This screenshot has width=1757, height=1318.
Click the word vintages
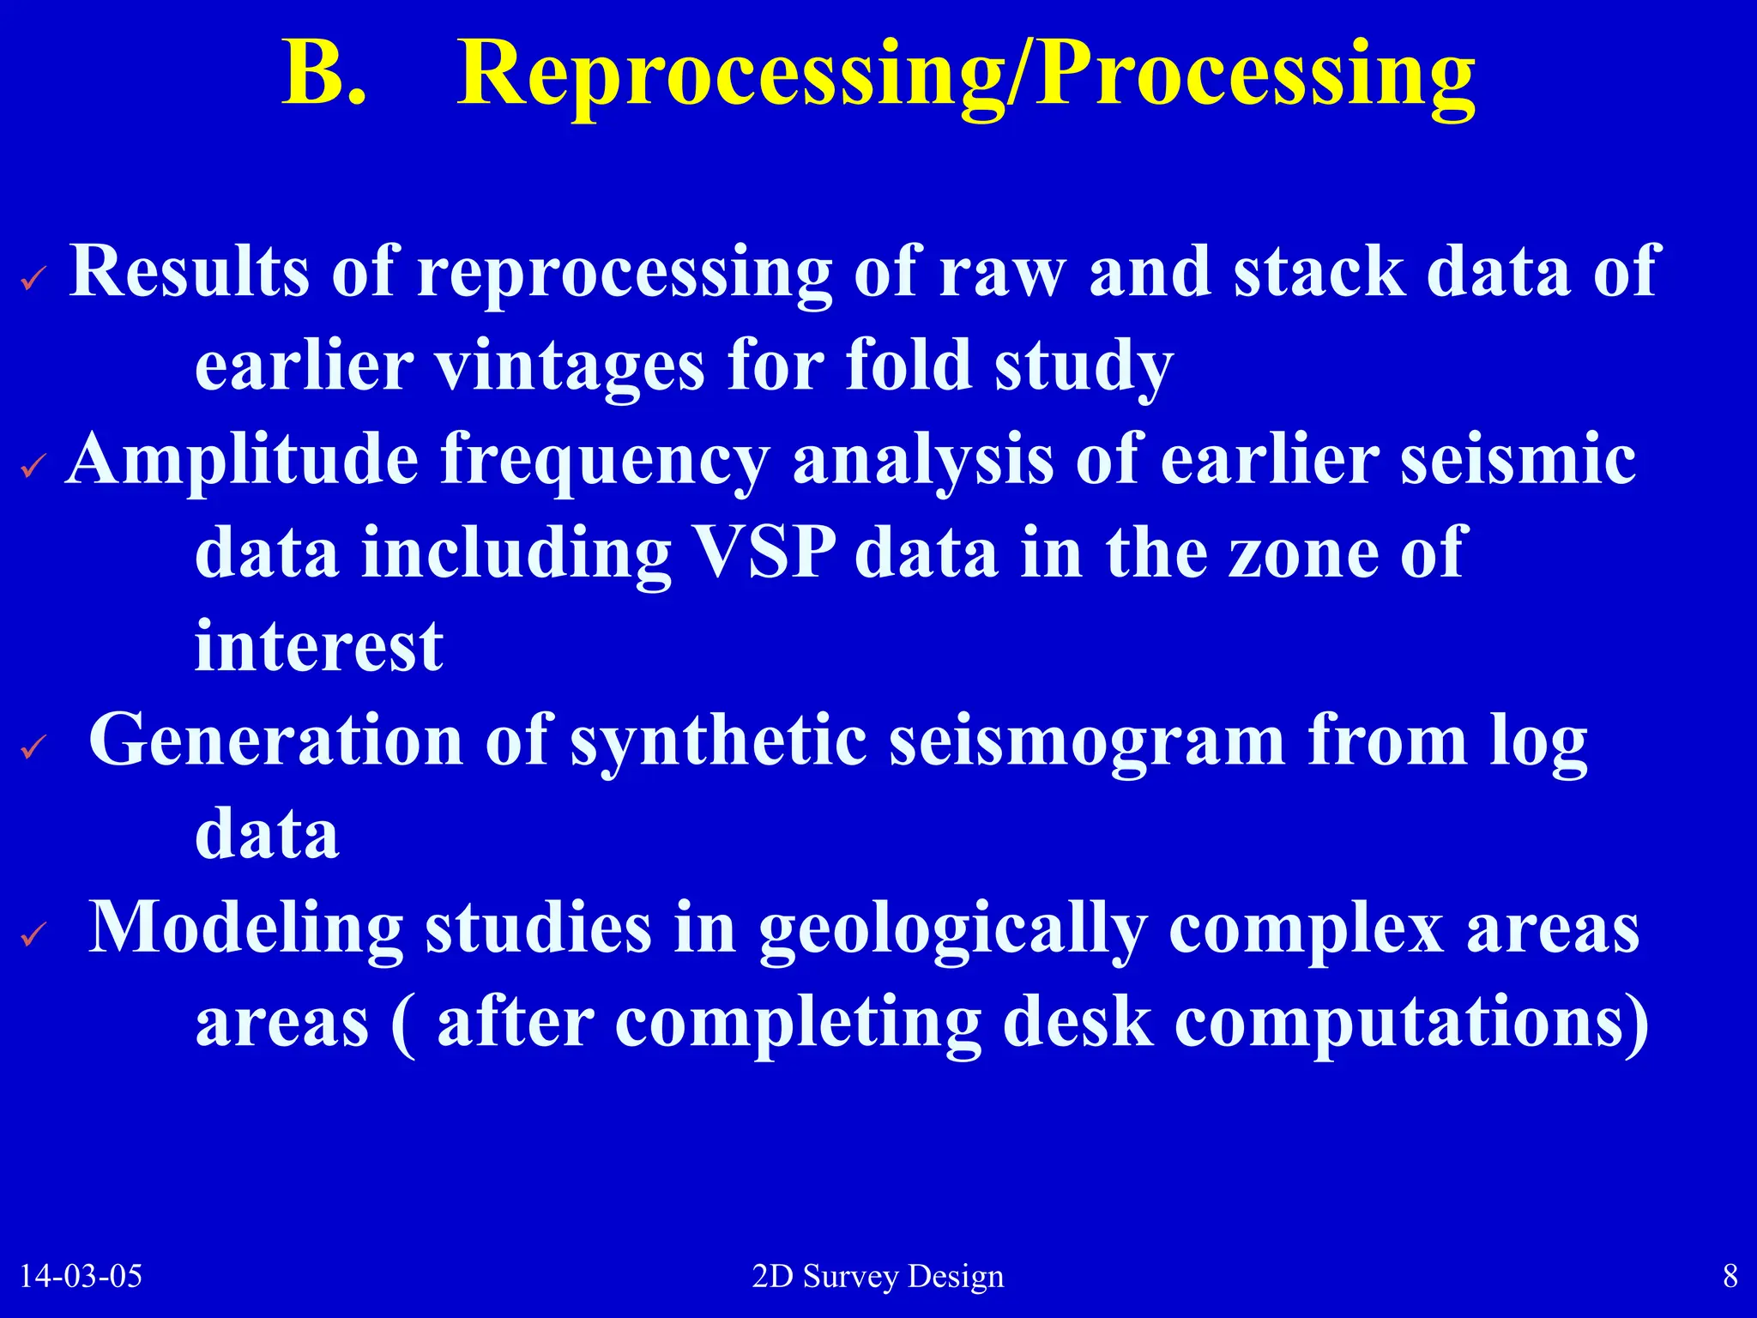(x=570, y=366)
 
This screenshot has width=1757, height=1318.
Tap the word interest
(x=319, y=646)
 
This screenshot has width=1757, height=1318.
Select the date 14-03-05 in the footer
(x=81, y=1276)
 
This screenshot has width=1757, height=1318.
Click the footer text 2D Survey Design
(x=878, y=1276)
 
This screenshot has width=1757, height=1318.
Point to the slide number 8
(x=1730, y=1276)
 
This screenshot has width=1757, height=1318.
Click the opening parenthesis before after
(x=403, y=1025)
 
